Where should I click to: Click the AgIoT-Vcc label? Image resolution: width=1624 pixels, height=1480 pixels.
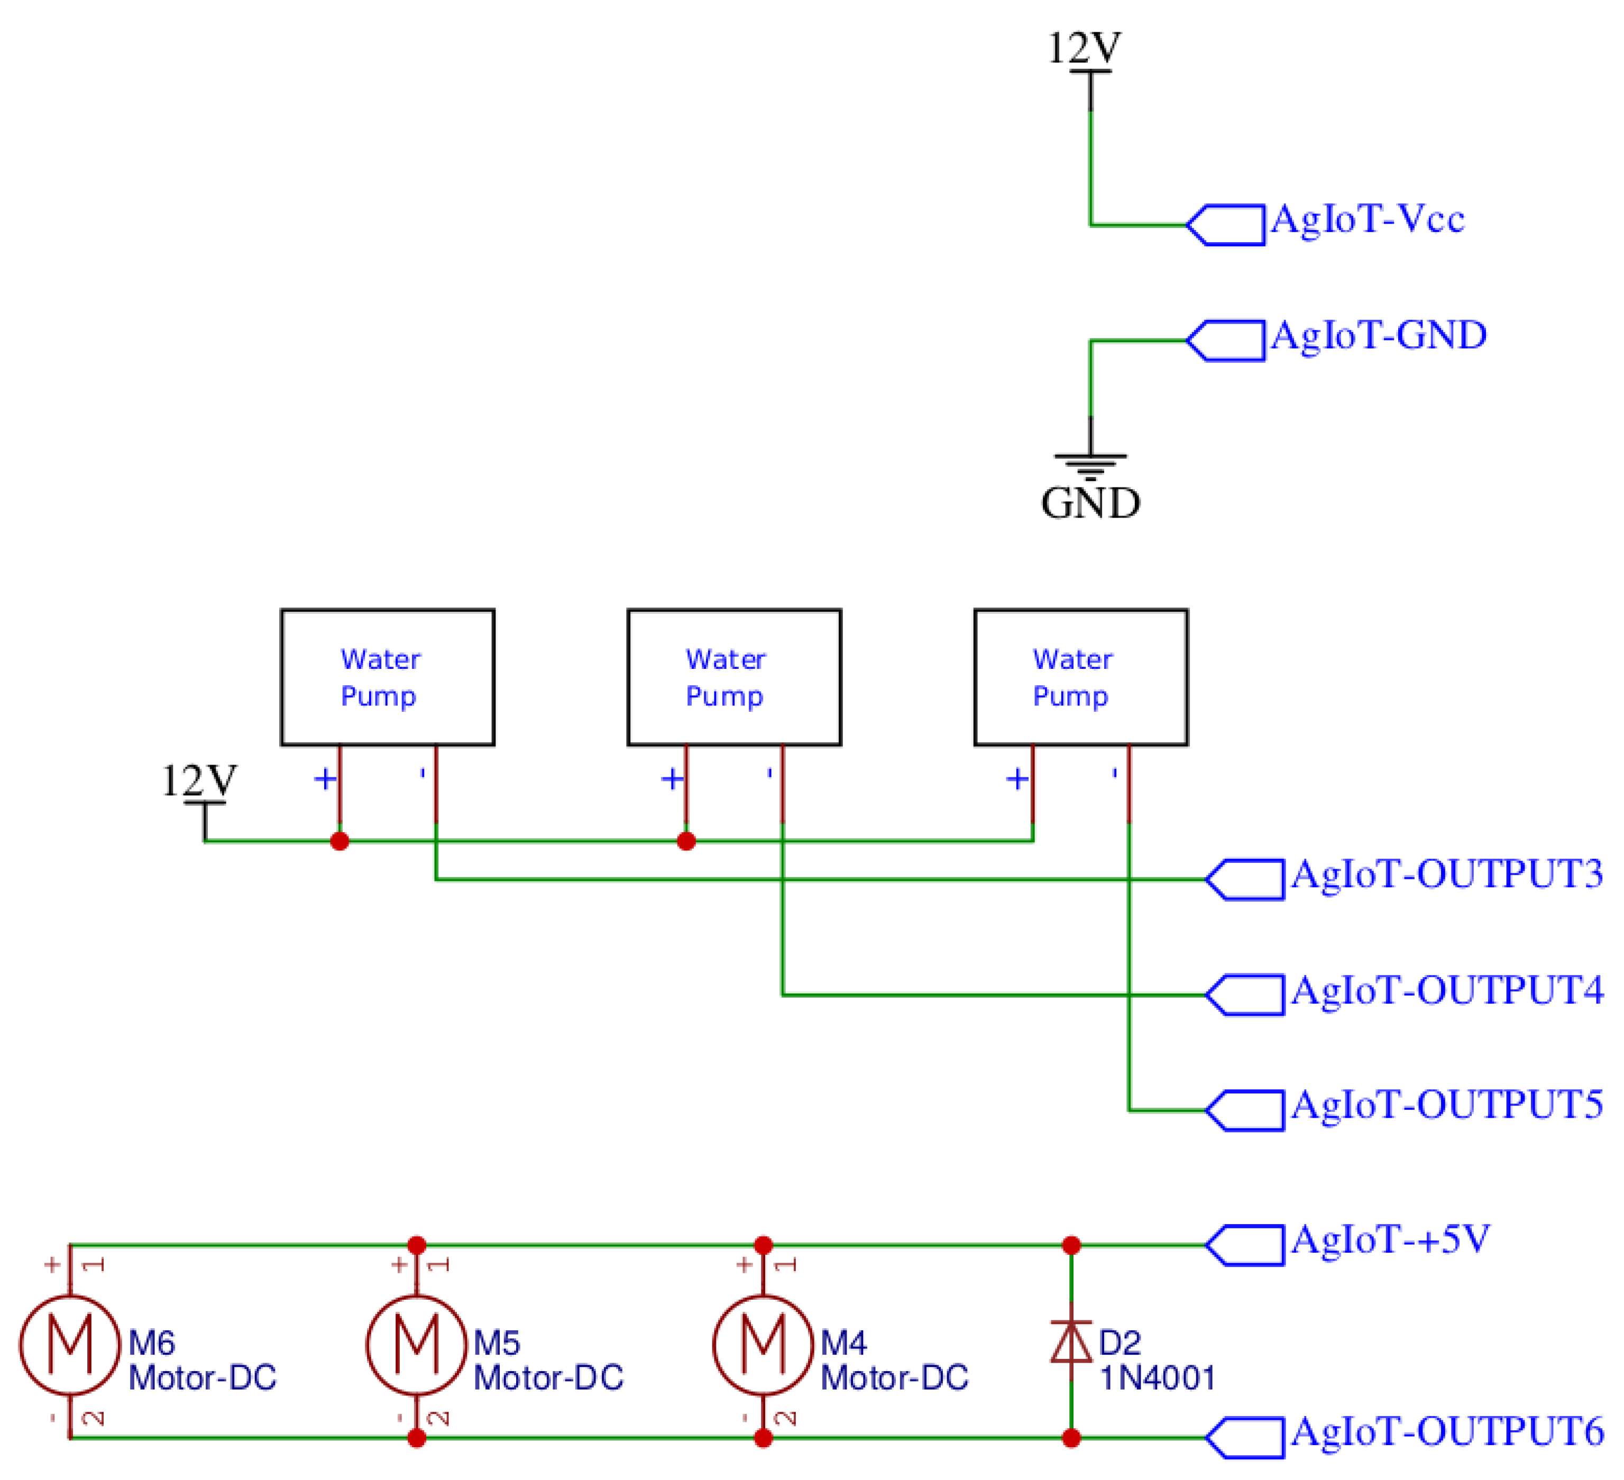(1367, 219)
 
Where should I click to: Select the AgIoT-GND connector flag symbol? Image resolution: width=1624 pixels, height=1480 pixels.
(1226, 341)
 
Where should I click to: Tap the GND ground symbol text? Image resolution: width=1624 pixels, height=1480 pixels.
(1091, 503)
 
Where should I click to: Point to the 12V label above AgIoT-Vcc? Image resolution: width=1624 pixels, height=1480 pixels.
(1084, 48)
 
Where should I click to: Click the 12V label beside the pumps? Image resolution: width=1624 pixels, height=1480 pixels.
(199, 780)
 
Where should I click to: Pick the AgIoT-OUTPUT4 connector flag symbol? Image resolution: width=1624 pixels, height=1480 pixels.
(1245, 995)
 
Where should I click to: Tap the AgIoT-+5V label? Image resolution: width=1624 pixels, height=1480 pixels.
(1390, 1240)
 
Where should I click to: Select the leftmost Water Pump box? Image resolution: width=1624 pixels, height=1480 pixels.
(388, 677)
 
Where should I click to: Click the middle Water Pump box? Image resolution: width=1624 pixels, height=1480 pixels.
(734, 677)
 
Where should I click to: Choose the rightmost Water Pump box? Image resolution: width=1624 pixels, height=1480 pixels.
(1080, 677)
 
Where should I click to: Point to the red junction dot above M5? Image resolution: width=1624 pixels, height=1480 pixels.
(417, 1246)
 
